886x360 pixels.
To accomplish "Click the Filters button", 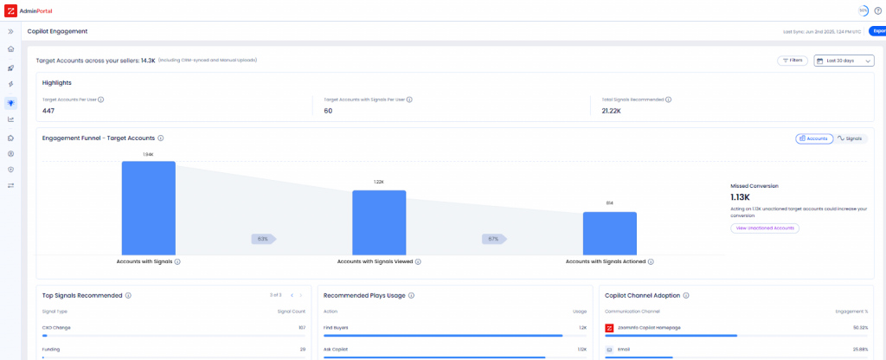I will tap(793, 61).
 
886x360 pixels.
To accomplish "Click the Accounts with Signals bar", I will tap(149, 207).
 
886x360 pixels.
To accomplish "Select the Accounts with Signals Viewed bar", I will tap(378, 222).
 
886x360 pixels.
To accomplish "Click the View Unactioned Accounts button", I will tap(764, 228).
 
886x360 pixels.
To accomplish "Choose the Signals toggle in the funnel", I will tap(850, 138).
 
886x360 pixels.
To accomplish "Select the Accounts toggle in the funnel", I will tap(813, 138).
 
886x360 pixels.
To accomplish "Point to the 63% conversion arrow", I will tap(263, 238).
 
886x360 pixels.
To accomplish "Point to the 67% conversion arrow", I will tap(494, 238).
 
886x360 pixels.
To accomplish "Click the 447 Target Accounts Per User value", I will tap(48, 111).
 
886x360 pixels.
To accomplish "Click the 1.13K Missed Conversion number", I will tap(741, 197).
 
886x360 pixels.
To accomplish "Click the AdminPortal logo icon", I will tap(10, 10).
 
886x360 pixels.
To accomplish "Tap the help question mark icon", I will tap(877, 10).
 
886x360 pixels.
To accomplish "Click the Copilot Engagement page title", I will tap(57, 31).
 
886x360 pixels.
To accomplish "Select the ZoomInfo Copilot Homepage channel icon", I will tap(610, 328).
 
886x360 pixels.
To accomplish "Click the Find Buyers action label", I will tap(336, 328).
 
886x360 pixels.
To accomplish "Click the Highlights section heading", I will tap(57, 82).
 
